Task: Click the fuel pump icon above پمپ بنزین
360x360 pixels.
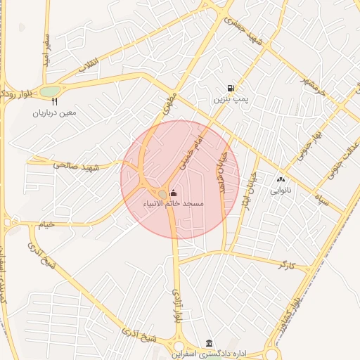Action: pyautogui.click(x=231, y=88)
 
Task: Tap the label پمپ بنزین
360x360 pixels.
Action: pyautogui.click(x=231, y=99)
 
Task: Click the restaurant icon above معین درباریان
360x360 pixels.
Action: pyautogui.click(x=54, y=102)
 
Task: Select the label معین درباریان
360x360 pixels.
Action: pyautogui.click(x=54, y=112)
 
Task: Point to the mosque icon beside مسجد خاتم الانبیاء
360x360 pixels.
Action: pyautogui.click(x=174, y=193)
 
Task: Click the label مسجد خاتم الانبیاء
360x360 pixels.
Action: pyautogui.click(x=173, y=203)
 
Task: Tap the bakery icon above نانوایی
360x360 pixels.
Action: pyautogui.click(x=281, y=180)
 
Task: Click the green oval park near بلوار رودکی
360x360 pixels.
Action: pyautogui.click(x=49, y=91)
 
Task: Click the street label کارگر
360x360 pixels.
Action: pyautogui.click(x=287, y=265)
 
